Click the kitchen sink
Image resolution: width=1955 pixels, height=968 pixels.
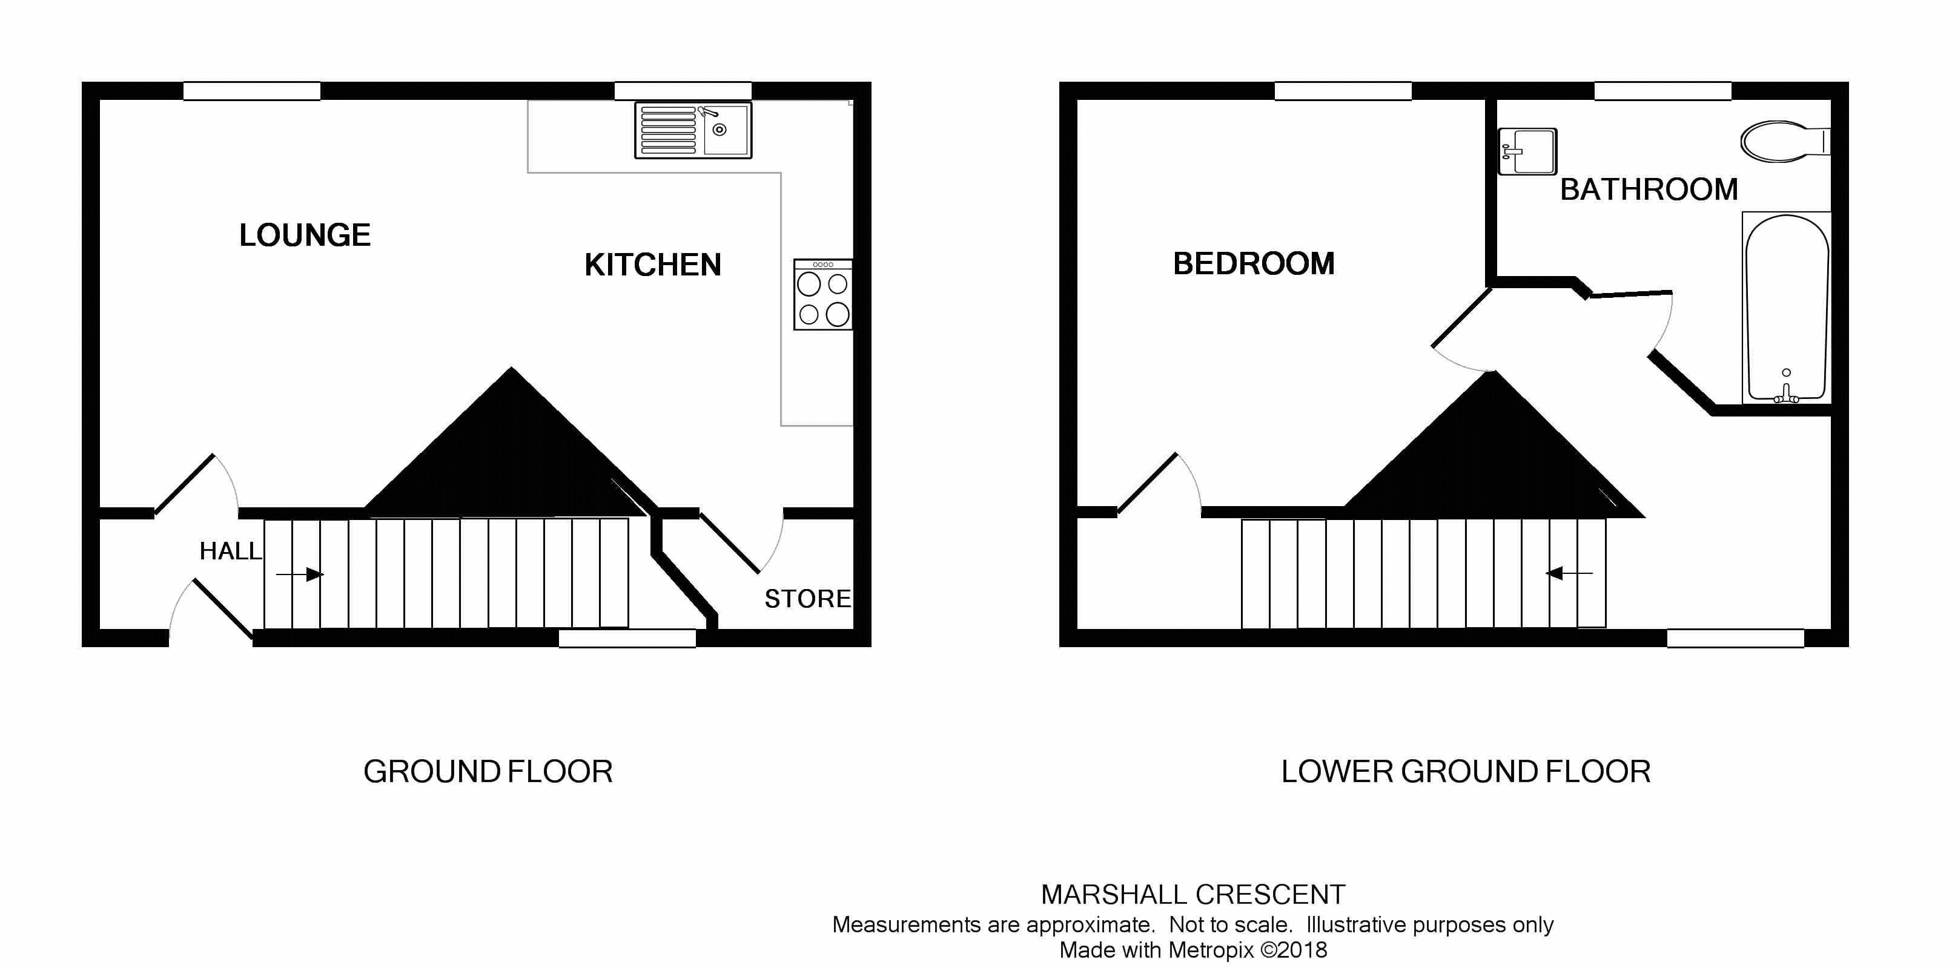point(693,131)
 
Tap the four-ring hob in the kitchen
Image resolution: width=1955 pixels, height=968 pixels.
point(822,295)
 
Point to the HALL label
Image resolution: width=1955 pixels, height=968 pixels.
point(230,551)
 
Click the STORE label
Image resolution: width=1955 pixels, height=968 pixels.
point(807,599)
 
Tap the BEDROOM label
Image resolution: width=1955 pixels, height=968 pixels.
point(1253,263)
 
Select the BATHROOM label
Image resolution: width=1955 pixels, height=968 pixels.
point(1649,189)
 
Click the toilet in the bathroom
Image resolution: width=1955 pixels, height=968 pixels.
point(1783,141)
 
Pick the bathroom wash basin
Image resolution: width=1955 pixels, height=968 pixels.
point(1526,152)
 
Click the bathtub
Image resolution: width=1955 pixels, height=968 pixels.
point(1786,308)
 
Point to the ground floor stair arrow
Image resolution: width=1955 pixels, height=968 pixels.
point(300,575)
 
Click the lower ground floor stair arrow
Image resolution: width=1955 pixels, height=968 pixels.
point(1569,573)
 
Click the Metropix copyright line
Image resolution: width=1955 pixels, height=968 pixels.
point(1193,950)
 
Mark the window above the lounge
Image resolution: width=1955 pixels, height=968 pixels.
point(251,91)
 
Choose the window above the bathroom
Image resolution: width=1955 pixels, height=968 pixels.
point(1662,91)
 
